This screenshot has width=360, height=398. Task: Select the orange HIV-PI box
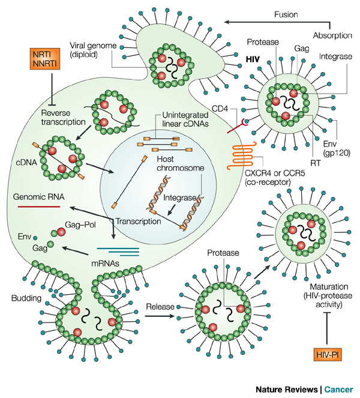pyautogui.click(x=326, y=355)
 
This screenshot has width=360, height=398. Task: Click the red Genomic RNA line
pyautogui.click(x=38, y=206)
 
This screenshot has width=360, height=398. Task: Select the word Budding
pyautogui.click(x=26, y=298)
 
